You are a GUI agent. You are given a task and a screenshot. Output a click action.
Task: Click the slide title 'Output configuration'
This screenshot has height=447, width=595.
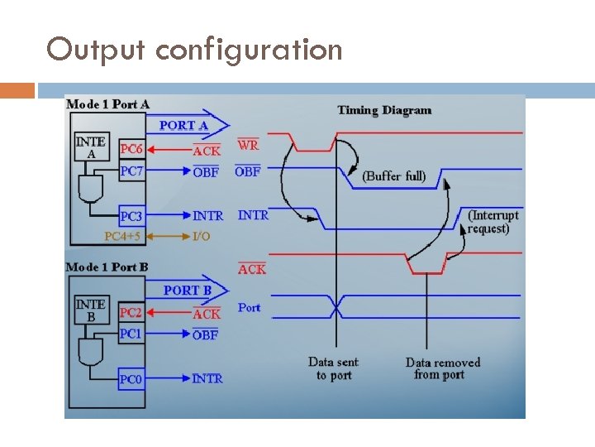(194, 50)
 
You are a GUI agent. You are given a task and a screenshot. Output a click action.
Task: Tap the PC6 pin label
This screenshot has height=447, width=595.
(131, 149)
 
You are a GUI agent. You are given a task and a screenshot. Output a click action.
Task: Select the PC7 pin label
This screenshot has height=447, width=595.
(131, 171)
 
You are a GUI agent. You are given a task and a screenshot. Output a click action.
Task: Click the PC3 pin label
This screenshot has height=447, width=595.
(131, 216)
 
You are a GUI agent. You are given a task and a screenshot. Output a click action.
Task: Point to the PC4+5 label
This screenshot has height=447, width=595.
(123, 236)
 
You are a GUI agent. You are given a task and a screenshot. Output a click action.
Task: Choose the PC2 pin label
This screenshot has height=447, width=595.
(131, 313)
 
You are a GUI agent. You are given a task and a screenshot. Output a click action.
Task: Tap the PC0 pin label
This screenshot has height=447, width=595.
(131, 379)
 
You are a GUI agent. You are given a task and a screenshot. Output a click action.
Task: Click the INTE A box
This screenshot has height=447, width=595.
(91, 147)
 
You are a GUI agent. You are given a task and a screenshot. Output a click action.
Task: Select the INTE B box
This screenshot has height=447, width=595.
(91, 310)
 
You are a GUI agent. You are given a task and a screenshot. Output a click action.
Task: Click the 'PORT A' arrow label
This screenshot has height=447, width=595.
(183, 125)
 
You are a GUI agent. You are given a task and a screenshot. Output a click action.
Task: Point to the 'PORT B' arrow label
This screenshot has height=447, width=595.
(187, 290)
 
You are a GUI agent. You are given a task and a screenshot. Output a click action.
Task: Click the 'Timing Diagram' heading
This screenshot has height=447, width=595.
(384, 110)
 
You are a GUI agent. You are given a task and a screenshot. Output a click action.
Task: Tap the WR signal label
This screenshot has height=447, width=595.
(248, 145)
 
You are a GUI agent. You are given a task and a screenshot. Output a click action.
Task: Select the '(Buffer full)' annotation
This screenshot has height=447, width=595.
(394, 175)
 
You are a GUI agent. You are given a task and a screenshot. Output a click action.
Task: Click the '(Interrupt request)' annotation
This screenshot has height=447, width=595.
(493, 222)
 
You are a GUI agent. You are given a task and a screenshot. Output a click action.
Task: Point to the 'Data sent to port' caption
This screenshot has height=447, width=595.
(334, 368)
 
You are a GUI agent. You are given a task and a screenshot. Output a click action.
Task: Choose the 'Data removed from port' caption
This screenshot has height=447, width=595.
(443, 368)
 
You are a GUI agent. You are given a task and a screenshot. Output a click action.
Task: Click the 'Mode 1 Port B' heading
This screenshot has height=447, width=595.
(107, 267)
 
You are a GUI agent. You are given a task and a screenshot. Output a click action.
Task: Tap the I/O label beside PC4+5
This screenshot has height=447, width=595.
(201, 236)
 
